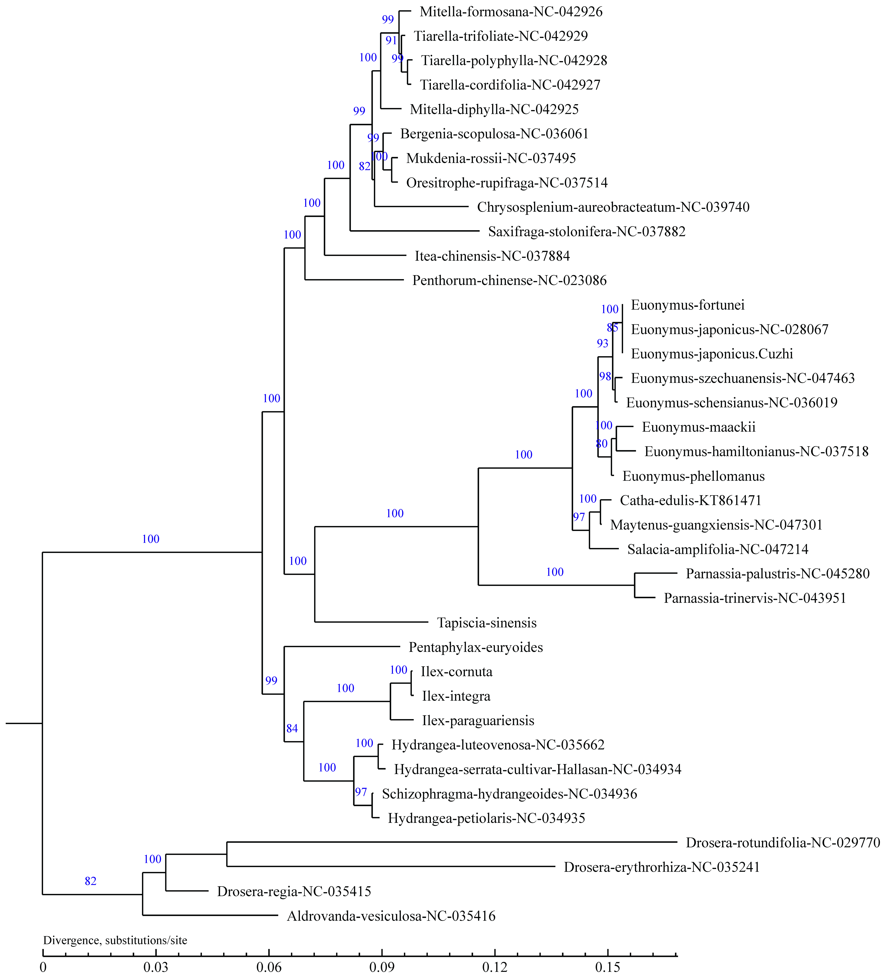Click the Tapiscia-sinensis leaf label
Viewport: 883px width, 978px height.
[x=487, y=623]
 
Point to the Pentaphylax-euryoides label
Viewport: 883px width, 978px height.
[x=475, y=647]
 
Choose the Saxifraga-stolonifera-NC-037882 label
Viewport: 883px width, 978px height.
[x=587, y=231]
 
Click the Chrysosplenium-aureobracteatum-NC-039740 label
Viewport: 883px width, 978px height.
[x=613, y=207]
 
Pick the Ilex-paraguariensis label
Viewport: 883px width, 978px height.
[x=478, y=720]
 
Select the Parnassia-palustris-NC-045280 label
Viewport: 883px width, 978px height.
[x=777, y=573]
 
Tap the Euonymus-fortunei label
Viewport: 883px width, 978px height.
[x=687, y=305]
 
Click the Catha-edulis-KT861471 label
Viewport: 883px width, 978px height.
[x=690, y=500]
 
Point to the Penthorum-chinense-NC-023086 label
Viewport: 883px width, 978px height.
[x=509, y=280]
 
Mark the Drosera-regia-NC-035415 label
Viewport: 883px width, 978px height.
[x=294, y=892]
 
